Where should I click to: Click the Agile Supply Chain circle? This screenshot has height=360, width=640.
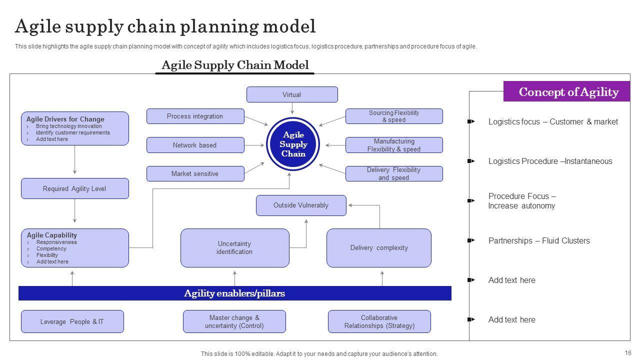pos(293,144)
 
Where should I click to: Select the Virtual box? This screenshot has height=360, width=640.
pos(292,94)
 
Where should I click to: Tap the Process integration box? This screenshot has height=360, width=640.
pos(195,116)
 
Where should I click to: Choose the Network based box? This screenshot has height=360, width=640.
pos(195,145)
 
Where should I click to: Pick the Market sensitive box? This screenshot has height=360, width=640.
pos(195,173)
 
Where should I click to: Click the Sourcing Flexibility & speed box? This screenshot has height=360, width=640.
pos(394,116)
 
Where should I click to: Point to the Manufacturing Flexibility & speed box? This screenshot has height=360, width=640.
pos(394,145)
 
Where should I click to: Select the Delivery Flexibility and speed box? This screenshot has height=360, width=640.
pos(394,173)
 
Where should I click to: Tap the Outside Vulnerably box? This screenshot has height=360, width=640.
pos(301,205)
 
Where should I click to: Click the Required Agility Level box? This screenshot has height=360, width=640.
pos(74,188)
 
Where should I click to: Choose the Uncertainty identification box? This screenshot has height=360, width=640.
pos(234,247)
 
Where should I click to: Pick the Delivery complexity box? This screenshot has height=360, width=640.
pos(378,247)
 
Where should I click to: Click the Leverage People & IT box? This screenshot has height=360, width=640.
pos(72,321)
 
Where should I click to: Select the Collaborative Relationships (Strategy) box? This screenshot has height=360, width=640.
pos(379,321)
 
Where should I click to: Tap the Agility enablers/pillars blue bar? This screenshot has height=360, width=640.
pos(234,293)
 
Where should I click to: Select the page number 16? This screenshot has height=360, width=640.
pos(628,352)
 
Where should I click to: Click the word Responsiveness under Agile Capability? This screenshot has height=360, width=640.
pos(56,242)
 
